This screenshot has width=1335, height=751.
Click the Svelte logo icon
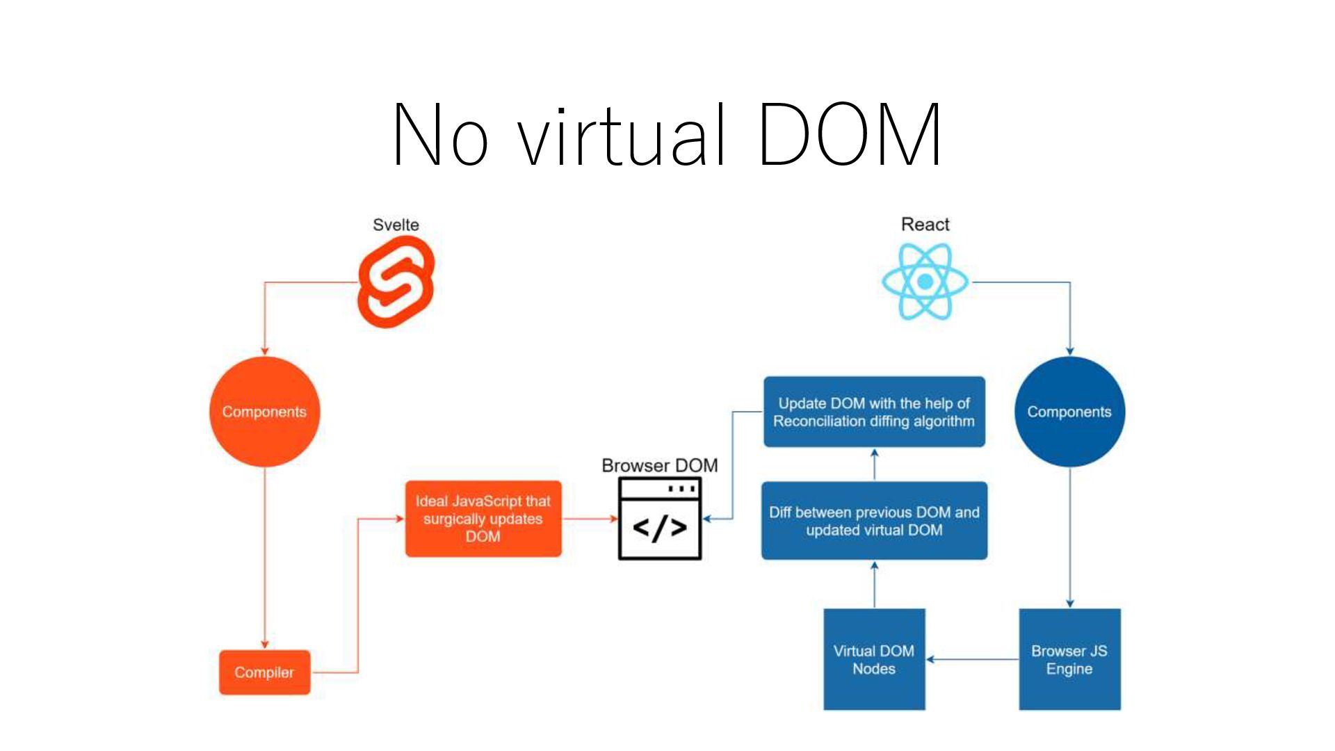396,282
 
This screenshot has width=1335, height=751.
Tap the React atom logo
925,282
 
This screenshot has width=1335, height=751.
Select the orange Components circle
264,412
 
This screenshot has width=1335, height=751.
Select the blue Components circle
1069,412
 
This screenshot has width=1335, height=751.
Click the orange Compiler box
264,672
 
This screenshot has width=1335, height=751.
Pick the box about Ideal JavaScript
483,519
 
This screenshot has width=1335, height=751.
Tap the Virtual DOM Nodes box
874,659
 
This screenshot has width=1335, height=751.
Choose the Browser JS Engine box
1069,659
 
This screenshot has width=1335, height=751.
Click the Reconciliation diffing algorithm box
874,412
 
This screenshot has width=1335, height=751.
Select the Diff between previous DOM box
874,521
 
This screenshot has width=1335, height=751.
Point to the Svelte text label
396,225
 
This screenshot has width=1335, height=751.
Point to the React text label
925,224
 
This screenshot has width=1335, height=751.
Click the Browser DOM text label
659,465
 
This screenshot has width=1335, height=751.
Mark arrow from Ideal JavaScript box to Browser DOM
590,519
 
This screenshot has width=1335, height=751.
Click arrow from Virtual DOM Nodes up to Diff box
874,584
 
